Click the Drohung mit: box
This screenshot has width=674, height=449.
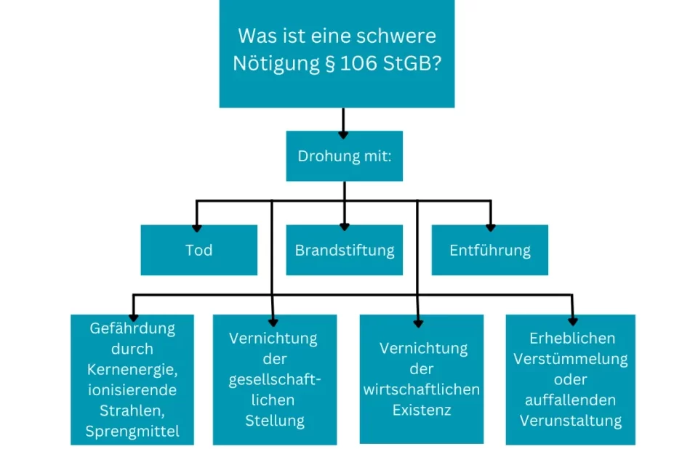344,156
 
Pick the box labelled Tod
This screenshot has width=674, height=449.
198,250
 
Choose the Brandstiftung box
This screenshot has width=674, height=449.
344,250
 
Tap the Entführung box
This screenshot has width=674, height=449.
489,250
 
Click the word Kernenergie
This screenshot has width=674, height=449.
132,370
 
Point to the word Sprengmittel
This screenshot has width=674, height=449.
132,431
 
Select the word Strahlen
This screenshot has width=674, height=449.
132,410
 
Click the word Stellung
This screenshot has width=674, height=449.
274,420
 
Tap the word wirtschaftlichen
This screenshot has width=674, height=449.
421,389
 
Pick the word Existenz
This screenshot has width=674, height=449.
422,410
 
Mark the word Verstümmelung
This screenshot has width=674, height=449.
570,359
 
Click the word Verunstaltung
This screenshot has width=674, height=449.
570,420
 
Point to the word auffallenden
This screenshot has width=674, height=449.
570,400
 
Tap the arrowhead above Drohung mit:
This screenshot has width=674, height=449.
344,133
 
